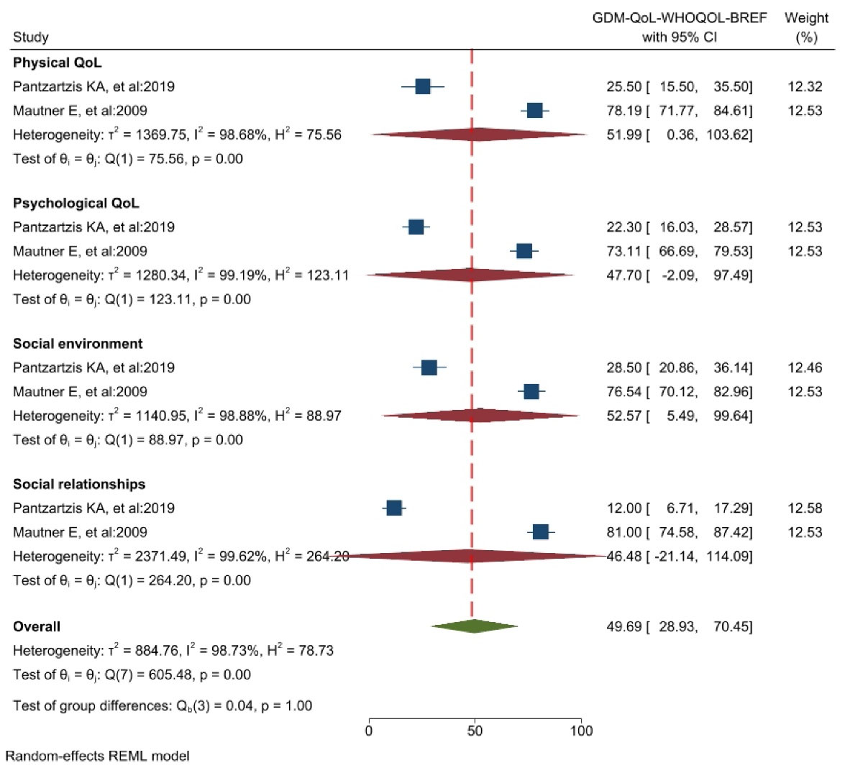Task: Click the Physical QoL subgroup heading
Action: point(57,63)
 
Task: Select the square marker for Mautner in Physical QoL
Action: point(534,110)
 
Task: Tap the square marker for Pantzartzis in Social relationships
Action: point(394,508)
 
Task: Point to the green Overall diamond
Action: point(474,626)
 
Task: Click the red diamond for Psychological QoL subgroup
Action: point(470,275)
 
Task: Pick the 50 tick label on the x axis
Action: point(475,731)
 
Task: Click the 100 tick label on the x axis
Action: point(581,731)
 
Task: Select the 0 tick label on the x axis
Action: point(369,731)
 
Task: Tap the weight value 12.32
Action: point(805,86)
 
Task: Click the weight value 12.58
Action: point(805,508)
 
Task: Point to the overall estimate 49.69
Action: point(624,626)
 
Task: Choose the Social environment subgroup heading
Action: point(78,344)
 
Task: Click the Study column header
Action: point(31,37)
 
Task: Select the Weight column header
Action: point(806,27)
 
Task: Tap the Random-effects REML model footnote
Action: point(98,756)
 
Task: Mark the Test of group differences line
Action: point(163,705)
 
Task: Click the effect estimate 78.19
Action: point(624,110)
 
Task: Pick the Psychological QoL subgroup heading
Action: point(76,203)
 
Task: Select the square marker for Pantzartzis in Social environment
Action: point(429,367)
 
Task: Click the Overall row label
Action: point(37,626)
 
